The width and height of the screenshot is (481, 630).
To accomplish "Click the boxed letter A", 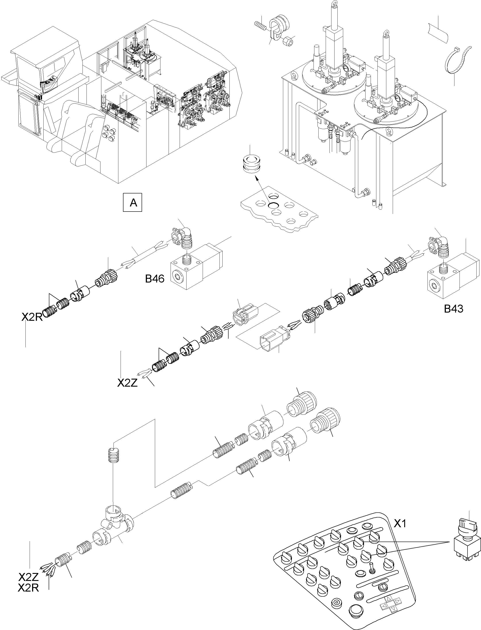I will coord(132,203).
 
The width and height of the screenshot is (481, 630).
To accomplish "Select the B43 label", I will coord(454,309).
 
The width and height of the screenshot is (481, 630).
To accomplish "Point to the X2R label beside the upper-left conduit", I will coord(32,317).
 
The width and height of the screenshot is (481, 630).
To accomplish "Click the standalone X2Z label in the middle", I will coord(127,383).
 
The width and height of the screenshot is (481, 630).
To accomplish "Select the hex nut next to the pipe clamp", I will coord(287,42).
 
